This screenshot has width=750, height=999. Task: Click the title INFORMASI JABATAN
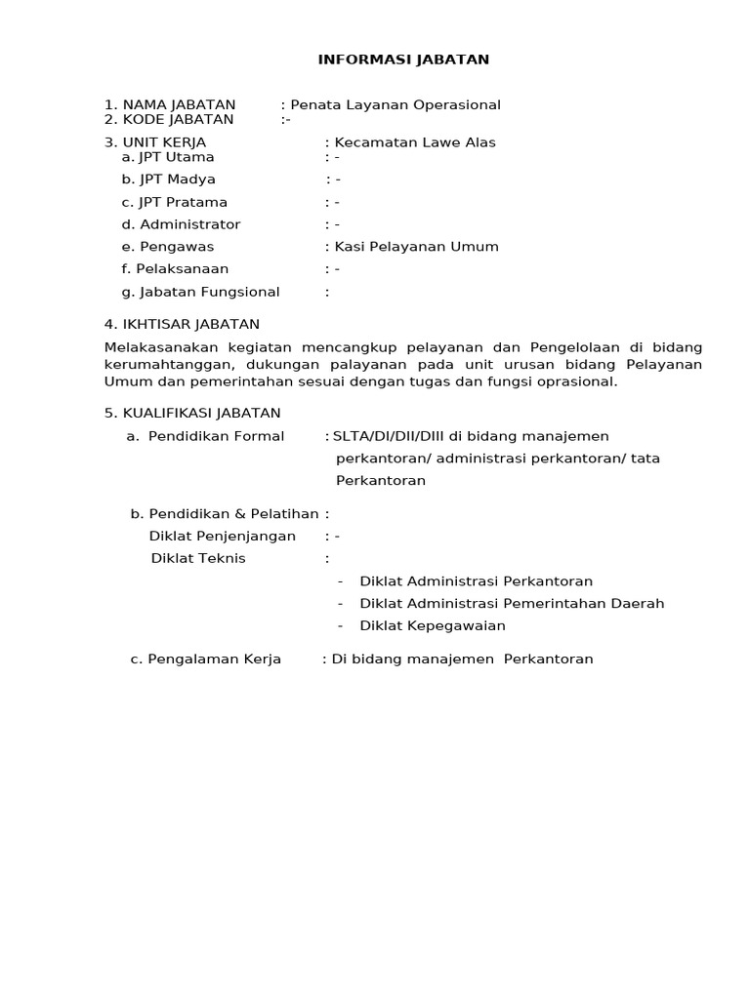(x=403, y=60)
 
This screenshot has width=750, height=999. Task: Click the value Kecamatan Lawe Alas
(x=415, y=142)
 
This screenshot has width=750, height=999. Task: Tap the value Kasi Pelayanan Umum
(x=417, y=247)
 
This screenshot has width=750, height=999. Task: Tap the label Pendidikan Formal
(x=216, y=436)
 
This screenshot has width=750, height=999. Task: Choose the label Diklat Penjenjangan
(x=223, y=536)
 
